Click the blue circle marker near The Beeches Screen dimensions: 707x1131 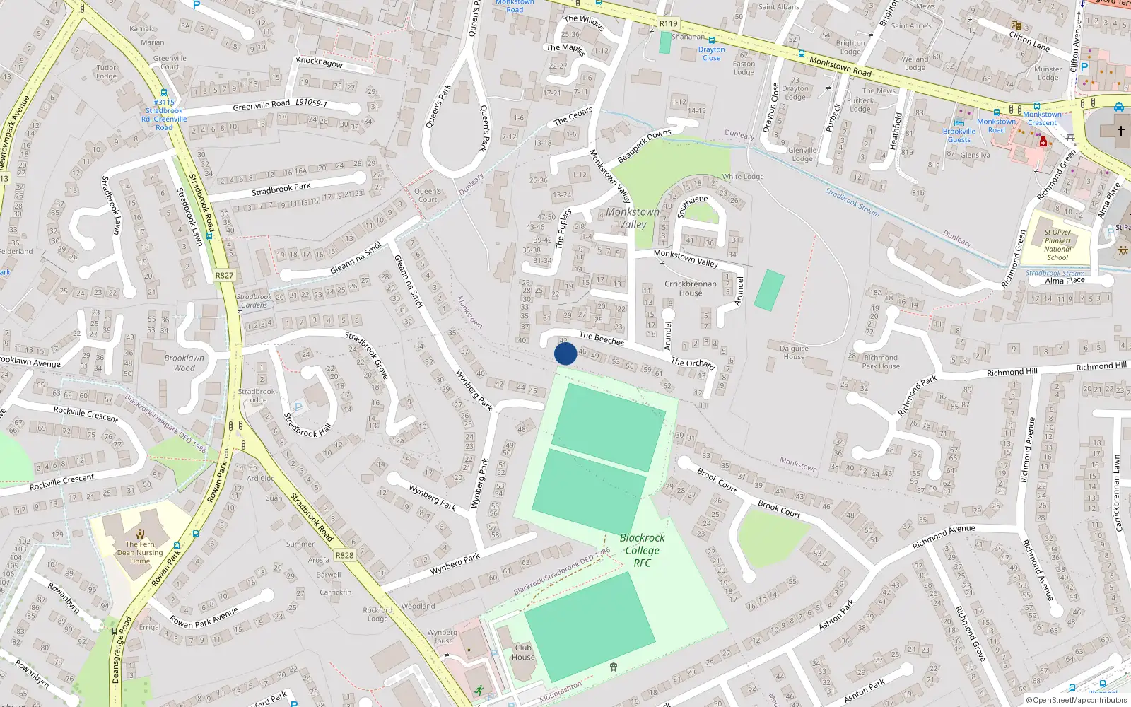click(565, 353)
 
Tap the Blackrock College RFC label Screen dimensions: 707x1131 click(642, 550)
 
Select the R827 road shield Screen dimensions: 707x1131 click(224, 276)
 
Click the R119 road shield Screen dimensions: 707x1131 click(668, 23)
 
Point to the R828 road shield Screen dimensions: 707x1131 click(344, 556)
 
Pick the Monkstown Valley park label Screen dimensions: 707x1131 click(633, 218)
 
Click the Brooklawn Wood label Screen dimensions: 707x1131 click(184, 363)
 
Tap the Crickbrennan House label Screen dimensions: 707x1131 click(691, 288)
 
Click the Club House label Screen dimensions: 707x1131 click(523, 652)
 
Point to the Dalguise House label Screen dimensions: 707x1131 click(794, 352)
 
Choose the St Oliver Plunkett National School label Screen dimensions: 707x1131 click(1057, 245)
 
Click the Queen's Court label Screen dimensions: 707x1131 click(428, 195)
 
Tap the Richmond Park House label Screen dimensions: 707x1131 click(881, 362)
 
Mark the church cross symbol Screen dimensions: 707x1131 click(1120, 130)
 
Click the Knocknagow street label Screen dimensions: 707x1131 click(320, 62)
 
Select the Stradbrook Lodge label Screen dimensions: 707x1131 click(257, 396)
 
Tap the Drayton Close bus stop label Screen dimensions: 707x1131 click(711, 53)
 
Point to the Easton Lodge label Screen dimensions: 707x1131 click(744, 68)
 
